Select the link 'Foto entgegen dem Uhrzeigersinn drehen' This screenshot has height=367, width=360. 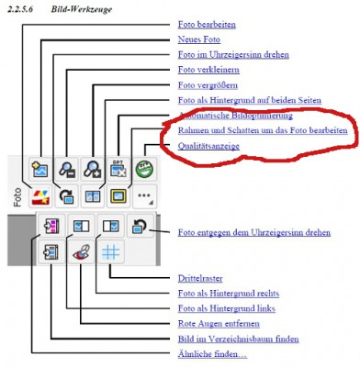[x=254, y=233]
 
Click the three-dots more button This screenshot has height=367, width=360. [x=144, y=195]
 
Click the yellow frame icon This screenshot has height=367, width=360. [x=118, y=195]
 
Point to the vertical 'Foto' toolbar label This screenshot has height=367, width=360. [x=17, y=195]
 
